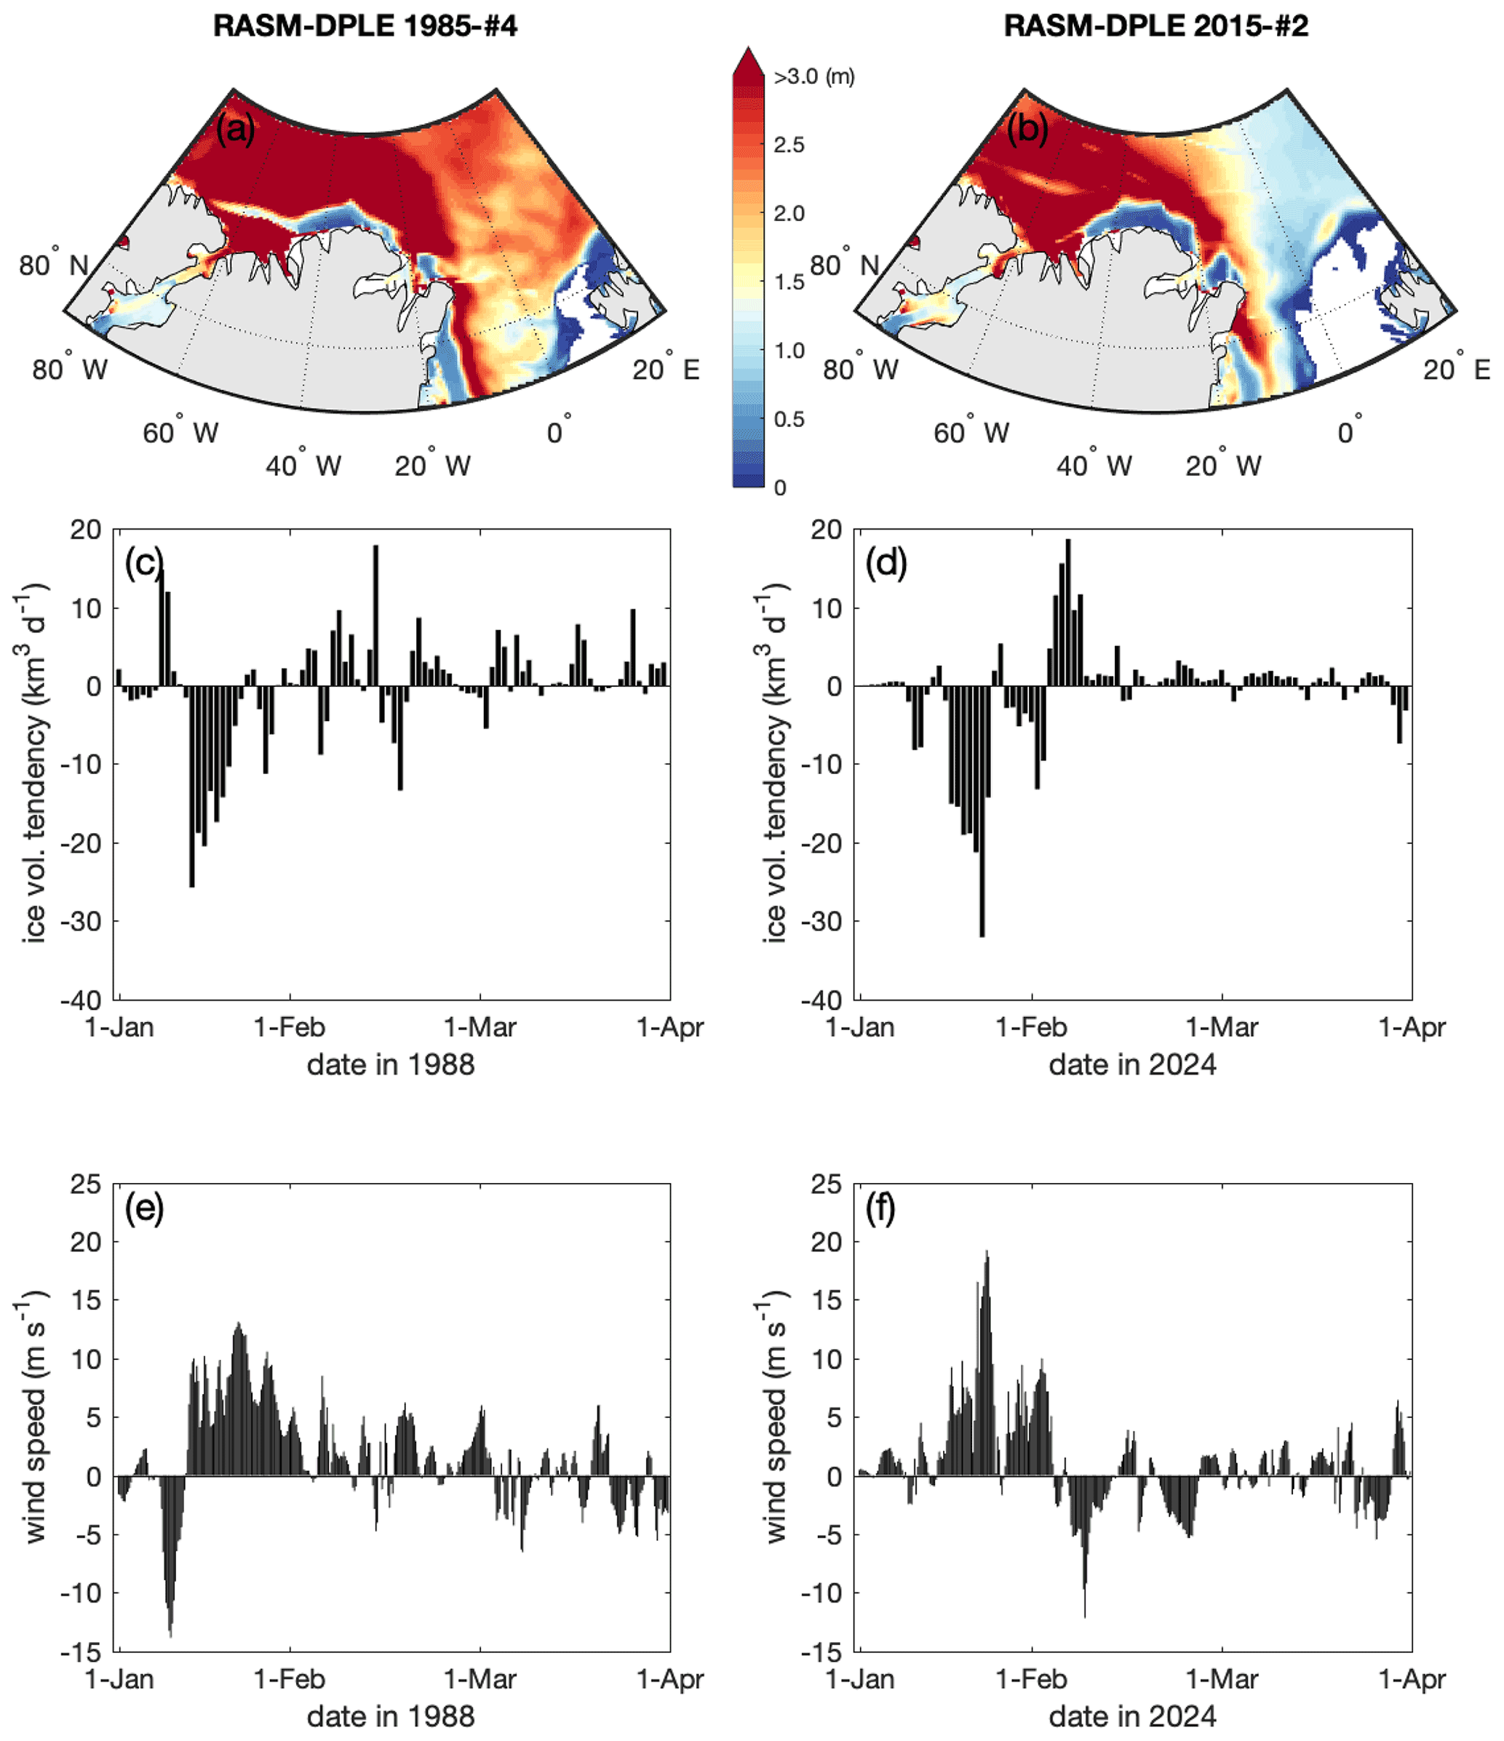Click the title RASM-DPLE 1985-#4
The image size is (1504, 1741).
pos(365,25)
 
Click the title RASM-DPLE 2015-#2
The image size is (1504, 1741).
pos(1156,25)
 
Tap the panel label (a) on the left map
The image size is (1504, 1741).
pos(235,130)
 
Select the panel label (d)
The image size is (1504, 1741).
pos(886,563)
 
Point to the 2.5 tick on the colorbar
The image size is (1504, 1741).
pos(789,145)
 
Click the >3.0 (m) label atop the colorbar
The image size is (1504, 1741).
pos(814,76)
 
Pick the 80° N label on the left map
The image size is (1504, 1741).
pos(54,264)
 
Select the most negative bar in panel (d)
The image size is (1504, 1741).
pos(982,811)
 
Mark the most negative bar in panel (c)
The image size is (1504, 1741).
pos(191,786)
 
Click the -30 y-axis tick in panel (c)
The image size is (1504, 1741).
pos(81,922)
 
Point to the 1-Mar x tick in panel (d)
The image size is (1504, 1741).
pos(1221,1026)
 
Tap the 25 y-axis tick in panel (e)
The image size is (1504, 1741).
pos(86,1184)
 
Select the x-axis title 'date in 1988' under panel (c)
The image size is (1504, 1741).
pos(391,1064)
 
